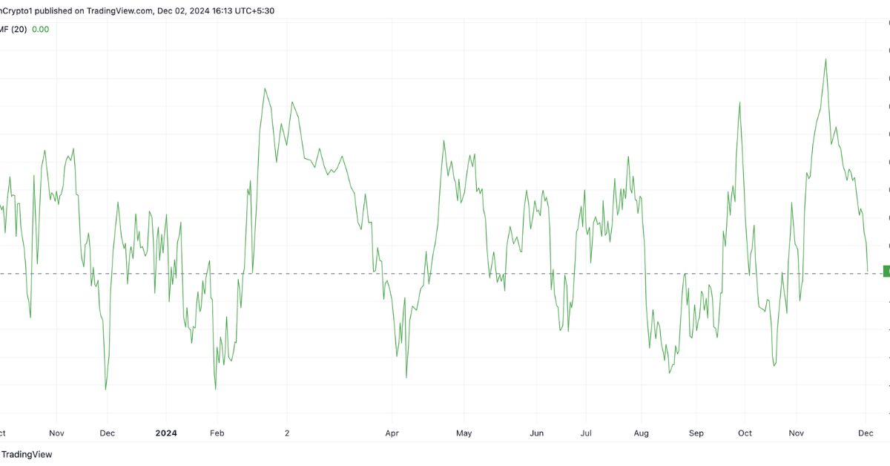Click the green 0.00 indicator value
click(41, 29)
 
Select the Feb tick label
click(217, 433)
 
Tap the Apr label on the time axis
click(392, 433)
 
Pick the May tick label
click(464, 433)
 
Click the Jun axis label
click(537, 433)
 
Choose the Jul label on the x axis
click(586, 433)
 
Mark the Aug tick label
click(642, 433)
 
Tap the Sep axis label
click(696, 433)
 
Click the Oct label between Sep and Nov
click(745, 433)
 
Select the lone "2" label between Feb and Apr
click(287, 433)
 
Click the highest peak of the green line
click(825, 59)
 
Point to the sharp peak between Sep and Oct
click(740, 102)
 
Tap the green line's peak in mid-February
click(265, 88)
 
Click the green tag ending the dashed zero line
click(886, 271)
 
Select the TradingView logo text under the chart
click(27, 454)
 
